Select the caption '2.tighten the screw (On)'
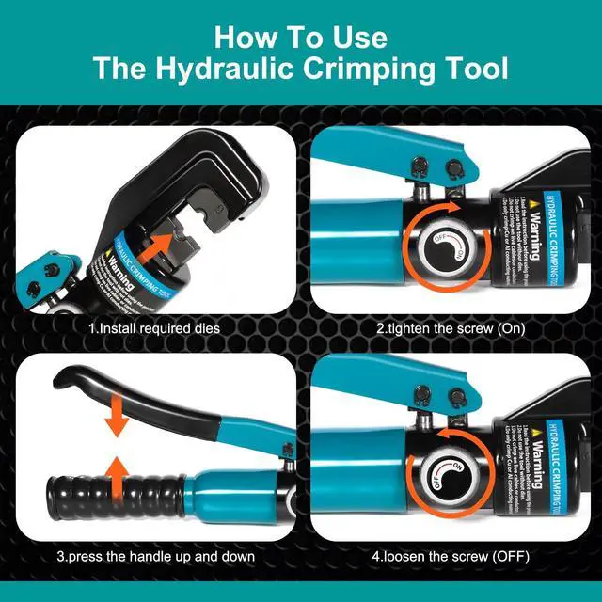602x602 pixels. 451,329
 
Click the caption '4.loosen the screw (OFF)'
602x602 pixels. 451,556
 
